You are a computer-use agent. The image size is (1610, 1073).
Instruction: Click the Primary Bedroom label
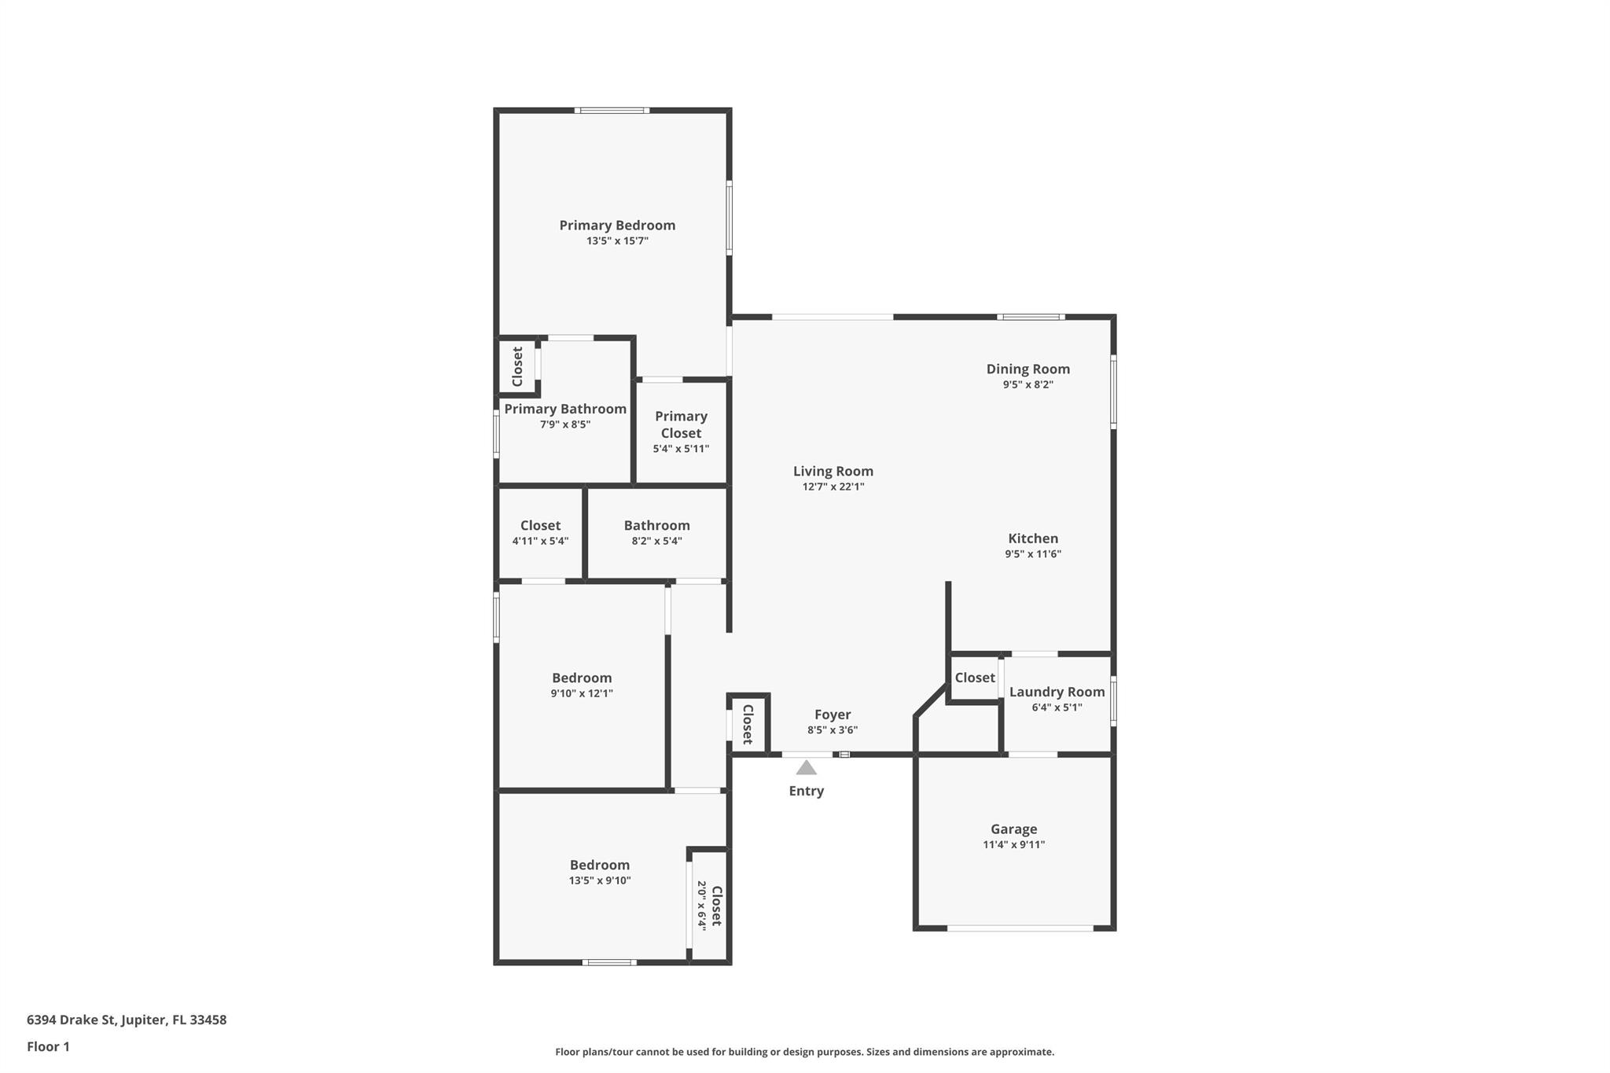tap(617, 226)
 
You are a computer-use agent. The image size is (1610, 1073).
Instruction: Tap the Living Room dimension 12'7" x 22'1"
tap(833, 487)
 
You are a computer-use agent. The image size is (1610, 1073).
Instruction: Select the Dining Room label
tap(1028, 369)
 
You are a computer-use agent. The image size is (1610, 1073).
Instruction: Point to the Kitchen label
tap(1033, 538)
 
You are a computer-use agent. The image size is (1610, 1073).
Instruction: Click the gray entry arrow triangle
tap(806, 768)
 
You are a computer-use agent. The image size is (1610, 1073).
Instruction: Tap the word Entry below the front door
tap(807, 792)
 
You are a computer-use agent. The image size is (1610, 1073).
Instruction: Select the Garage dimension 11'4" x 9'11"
tap(1014, 845)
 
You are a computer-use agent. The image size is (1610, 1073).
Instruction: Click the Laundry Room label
tap(1057, 692)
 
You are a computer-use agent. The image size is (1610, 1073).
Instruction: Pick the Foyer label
tap(833, 715)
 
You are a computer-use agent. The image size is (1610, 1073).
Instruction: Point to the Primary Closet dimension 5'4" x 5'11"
tap(681, 449)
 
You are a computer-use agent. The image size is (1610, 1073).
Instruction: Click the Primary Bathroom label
tap(565, 409)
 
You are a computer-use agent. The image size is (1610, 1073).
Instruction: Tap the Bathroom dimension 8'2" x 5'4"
tap(657, 541)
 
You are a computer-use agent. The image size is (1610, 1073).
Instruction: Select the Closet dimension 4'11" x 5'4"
tap(541, 541)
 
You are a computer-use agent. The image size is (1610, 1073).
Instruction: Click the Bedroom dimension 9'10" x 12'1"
tap(582, 693)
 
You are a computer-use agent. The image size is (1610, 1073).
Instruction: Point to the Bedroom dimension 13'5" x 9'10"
tap(600, 880)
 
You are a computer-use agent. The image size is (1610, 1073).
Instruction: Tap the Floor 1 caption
tap(48, 1046)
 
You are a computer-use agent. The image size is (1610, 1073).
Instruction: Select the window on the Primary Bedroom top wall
tap(612, 111)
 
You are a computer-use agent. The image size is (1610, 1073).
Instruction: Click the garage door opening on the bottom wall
tap(1020, 928)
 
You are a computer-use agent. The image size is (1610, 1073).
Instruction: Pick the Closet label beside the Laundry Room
tap(975, 678)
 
